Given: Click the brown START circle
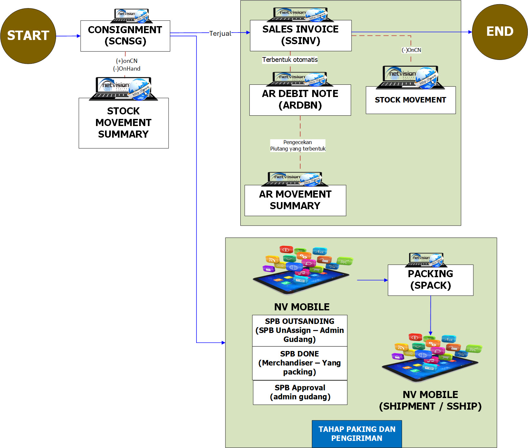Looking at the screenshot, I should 28,36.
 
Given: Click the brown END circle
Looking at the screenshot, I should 500,32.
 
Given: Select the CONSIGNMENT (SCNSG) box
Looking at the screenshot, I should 125,36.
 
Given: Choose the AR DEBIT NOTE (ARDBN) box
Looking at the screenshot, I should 300,100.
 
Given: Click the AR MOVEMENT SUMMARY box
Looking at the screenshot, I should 295,200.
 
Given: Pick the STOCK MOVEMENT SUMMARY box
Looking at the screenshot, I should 123,123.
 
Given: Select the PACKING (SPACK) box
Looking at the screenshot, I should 430,280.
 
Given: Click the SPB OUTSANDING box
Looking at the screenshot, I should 300,330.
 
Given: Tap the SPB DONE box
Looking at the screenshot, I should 300,363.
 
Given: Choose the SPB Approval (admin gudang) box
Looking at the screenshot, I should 300,392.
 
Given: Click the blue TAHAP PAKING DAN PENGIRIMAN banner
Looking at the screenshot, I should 357,433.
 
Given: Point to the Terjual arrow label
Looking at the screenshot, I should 220,34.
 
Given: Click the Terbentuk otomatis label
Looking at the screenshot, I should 290,60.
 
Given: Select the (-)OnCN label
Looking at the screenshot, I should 411,50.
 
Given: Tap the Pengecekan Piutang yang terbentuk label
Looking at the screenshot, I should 298,145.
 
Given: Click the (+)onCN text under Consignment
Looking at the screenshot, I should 127,61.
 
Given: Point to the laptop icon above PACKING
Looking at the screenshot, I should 426,260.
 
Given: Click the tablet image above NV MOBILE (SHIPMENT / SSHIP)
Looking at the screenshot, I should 430,358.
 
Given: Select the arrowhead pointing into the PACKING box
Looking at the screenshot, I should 386,280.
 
